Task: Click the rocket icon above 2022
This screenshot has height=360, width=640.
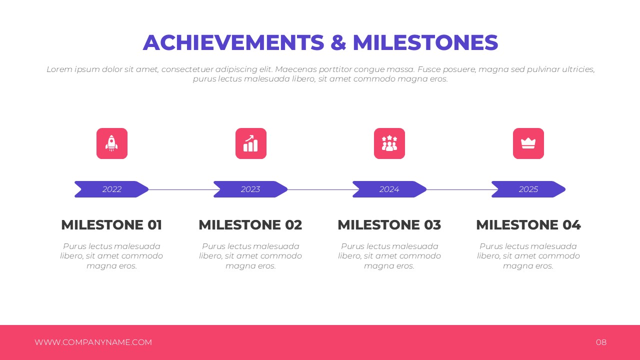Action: point(111,143)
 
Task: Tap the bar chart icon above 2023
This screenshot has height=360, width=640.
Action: point(251,143)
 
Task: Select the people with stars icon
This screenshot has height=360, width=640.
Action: point(389,143)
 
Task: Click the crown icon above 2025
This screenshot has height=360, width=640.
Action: point(528,143)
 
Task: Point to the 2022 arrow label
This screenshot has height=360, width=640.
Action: point(111,189)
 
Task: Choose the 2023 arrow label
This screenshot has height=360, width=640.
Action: point(250,189)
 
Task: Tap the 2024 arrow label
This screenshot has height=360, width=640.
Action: point(389,189)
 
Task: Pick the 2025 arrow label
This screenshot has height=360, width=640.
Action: point(528,189)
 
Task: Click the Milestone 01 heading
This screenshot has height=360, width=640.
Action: point(111,225)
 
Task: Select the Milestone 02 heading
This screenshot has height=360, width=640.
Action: point(250,225)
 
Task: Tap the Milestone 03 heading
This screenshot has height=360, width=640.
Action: point(389,225)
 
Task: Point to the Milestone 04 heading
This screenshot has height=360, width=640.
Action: point(528,225)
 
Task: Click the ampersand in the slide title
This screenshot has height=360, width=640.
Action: point(338,42)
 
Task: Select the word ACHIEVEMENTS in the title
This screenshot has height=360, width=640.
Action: point(233,42)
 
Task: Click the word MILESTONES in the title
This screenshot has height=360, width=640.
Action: point(425,42)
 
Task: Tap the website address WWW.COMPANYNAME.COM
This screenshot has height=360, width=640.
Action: point(93,342)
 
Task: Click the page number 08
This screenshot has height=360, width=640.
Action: point(601,342)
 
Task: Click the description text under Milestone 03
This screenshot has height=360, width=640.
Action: point(389,256)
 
